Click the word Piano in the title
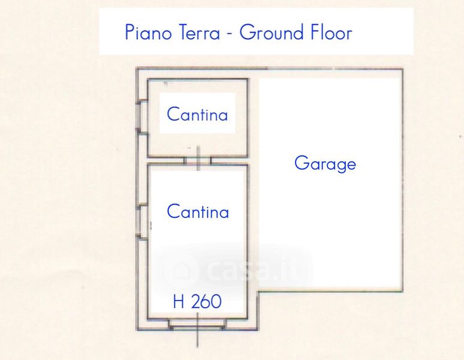[148, 32]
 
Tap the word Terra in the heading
[199, 32]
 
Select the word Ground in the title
[272, 32]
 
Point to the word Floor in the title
[331, 32]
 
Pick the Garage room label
[325, 163]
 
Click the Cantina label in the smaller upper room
[197, 114]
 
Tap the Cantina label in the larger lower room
[198, 211]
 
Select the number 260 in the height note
[207, 301]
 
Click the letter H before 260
[179, 301]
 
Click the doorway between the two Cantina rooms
[198, 160]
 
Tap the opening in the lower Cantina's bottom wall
[197, 324]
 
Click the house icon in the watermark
[182, 271]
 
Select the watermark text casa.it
[255, 271]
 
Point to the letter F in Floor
[314, 32]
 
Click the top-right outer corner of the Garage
[403, 69]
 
